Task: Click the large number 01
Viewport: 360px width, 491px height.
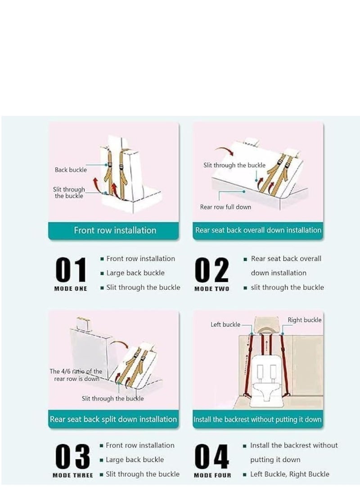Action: point(71,270)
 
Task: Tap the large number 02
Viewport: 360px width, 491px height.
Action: point(211,270)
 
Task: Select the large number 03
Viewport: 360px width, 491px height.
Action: point(72,456)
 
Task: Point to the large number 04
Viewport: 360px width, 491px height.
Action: point(211,456)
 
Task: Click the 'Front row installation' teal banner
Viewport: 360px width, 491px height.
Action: point(113,230)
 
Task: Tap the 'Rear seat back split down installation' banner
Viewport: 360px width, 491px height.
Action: point(113,419)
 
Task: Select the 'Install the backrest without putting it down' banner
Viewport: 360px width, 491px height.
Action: point(258,419)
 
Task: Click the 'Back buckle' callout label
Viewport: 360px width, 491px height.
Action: point(71,170)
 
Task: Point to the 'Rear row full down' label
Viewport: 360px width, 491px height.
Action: point(225,207)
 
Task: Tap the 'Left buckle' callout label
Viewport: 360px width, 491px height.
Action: point(225,324)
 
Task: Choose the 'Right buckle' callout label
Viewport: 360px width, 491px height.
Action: point(305,320)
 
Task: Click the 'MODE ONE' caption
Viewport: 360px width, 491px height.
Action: point(71,289)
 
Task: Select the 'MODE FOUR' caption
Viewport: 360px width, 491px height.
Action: point(212,475)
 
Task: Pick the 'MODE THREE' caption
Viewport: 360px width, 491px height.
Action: point(73,475)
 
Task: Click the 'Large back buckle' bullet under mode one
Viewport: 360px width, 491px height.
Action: point(135,273)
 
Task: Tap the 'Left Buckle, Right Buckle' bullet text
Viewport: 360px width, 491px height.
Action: point(289,474)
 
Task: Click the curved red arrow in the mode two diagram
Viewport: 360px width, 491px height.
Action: point(225,150)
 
